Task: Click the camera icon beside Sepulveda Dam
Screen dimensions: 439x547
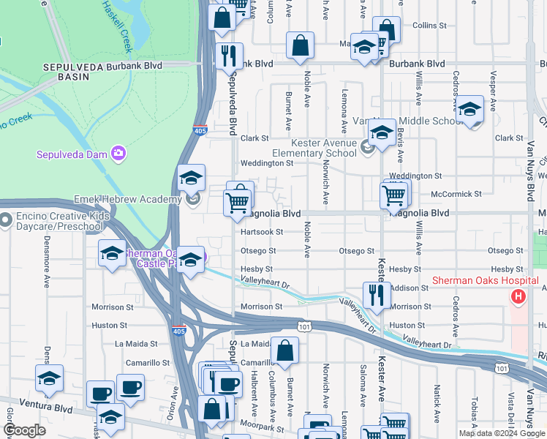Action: point(118,153)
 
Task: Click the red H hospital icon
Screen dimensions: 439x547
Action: point(518,296)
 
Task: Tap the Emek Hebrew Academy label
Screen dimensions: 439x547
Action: point(127,199)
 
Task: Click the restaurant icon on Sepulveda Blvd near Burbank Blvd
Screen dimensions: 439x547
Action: point(229,55)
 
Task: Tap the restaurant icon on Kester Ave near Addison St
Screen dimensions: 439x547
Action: point(376,296)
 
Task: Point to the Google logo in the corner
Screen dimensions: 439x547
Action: point(23,430)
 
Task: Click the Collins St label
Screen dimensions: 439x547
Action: point(429,25)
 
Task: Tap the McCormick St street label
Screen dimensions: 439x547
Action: point(456,194)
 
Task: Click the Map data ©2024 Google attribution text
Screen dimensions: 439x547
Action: point(501,433)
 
